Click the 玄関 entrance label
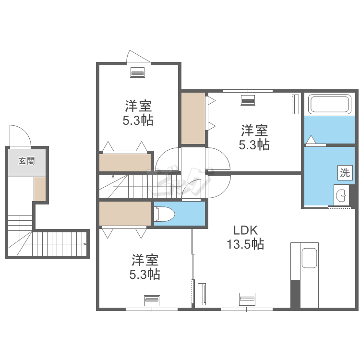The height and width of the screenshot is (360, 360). [26, 161]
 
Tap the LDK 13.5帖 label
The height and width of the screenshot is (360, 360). [245, 237]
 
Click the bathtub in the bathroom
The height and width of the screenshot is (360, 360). [330, 104]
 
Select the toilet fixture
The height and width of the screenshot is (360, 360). [164, 214]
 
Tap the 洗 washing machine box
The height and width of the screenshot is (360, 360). [345, 172]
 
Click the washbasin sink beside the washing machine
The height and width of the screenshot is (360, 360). [341, 195]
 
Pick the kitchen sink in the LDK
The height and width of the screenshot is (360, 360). [309, 258]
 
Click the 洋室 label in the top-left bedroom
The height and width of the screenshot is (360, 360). [138, 106]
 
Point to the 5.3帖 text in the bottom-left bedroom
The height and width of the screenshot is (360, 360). [144, 275]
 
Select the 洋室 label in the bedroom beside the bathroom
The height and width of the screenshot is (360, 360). [254, 131]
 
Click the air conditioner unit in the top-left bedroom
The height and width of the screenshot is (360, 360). [138, 72]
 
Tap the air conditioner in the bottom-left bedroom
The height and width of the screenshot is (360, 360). [152, 300]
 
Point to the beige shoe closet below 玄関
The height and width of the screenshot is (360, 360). [40, 189]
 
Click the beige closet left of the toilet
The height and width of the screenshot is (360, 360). [125, 214]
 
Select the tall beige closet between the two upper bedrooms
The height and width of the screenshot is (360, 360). [193, 118]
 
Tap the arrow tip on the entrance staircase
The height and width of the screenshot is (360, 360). [86, 244]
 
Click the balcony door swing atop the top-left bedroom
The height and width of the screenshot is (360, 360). [138, 56]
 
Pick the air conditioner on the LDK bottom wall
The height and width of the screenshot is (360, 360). [247, 299]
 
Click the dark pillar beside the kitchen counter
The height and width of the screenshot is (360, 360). [295, 294]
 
